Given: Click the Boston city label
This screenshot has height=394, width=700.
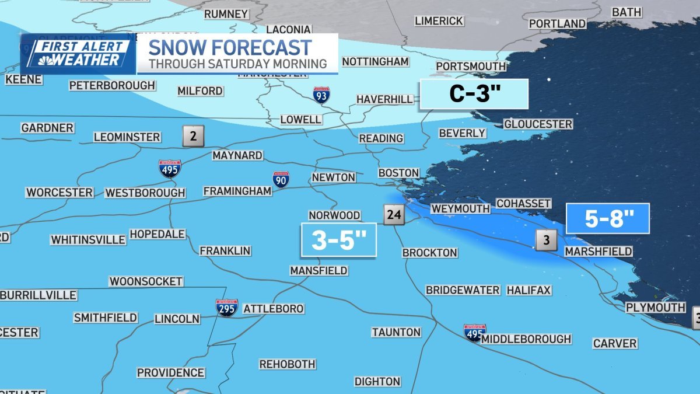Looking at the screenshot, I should [x=398, y=173].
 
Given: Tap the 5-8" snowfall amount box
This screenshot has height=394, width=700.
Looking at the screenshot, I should [x=608, y=219].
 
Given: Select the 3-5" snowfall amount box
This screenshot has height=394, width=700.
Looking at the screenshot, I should [x=338, y=239].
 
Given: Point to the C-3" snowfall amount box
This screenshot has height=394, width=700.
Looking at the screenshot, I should [x=473, y=94].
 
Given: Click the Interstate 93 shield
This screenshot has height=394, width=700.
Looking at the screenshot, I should [x=321, y=95].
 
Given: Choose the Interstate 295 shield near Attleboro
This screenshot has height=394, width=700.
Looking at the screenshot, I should [x=226, y=308].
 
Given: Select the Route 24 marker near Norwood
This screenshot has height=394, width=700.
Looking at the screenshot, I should [x=394, y=215].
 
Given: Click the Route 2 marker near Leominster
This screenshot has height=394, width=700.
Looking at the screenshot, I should [x=193, y=136].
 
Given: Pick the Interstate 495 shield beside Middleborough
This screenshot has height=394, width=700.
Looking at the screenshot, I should [x=475, y=333].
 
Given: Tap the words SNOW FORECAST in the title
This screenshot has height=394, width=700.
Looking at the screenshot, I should [x=230, y=47].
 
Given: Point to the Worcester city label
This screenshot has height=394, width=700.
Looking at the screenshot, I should [x=60, y=192].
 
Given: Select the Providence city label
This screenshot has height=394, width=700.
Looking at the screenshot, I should [x=170, y=372].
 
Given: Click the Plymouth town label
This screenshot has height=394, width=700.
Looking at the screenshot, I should [x=655, y=307].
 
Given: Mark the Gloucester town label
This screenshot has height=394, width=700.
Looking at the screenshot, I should [x=538, y=124].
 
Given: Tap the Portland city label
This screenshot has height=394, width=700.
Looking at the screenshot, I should [x=557, y=23].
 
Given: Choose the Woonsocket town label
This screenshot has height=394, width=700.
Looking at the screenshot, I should [x=146, y=281].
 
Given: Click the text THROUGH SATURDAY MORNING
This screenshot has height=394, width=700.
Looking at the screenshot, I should [x=237, y=64].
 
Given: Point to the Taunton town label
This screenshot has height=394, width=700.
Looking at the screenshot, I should [x=396, y=332].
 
